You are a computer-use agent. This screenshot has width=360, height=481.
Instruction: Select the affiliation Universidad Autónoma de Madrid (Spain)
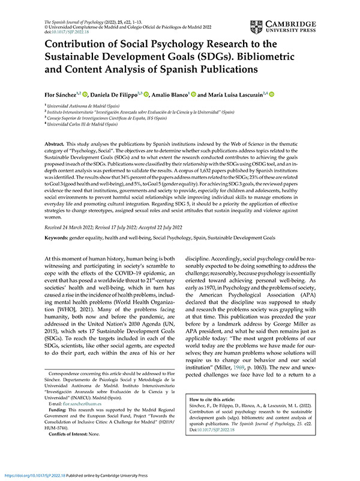coord(83,105)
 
